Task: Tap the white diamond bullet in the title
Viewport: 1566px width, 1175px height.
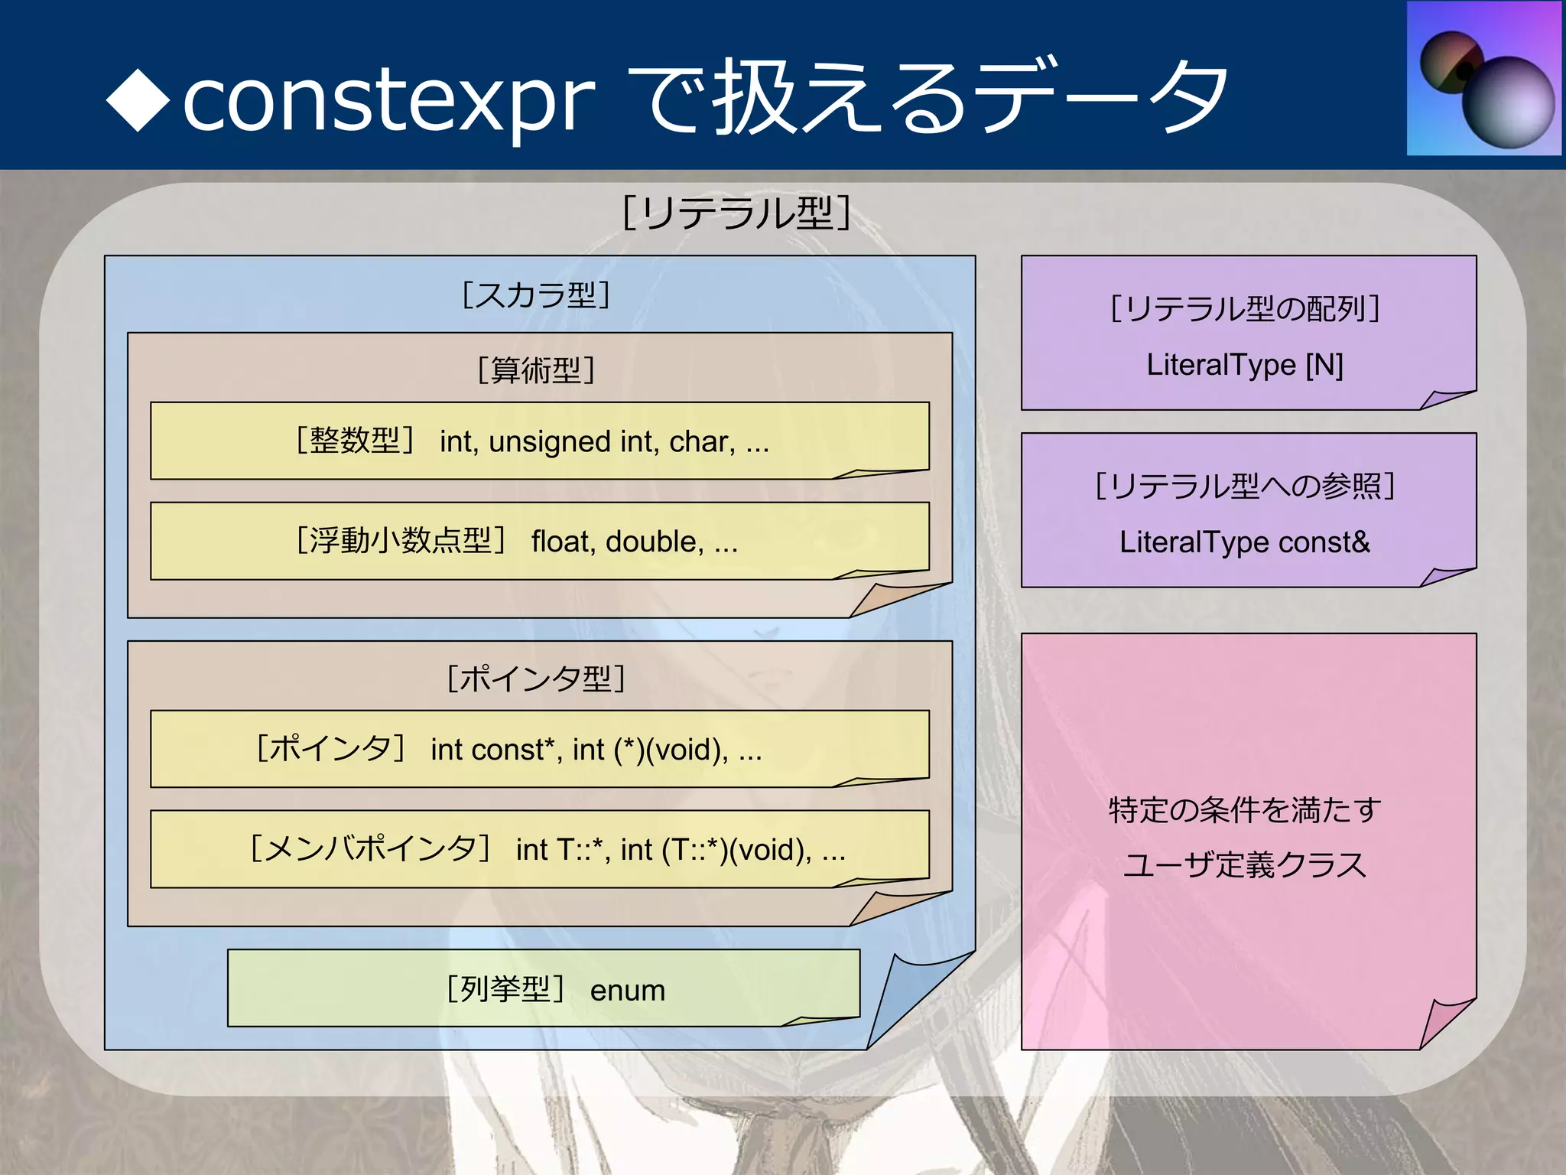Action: [138, 100]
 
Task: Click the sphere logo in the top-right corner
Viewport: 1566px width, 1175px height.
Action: [1484, 79]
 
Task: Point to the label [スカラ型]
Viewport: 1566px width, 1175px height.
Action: [536, 295]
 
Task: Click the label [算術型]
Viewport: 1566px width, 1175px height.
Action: [536, 370]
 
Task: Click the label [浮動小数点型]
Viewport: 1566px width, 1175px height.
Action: [401, 541]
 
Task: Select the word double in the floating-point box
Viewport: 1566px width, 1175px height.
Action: [654, 542]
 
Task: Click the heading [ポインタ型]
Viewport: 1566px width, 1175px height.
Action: [536, 679]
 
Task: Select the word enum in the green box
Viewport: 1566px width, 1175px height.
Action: [627, 991]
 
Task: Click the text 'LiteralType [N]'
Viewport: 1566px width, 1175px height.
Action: [1244, 365]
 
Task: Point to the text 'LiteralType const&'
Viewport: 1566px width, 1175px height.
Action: [1244, 542]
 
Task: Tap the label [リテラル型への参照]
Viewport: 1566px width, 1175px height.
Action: [1244, 486]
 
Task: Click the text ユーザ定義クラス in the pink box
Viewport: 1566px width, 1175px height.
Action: [1244, 865]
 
